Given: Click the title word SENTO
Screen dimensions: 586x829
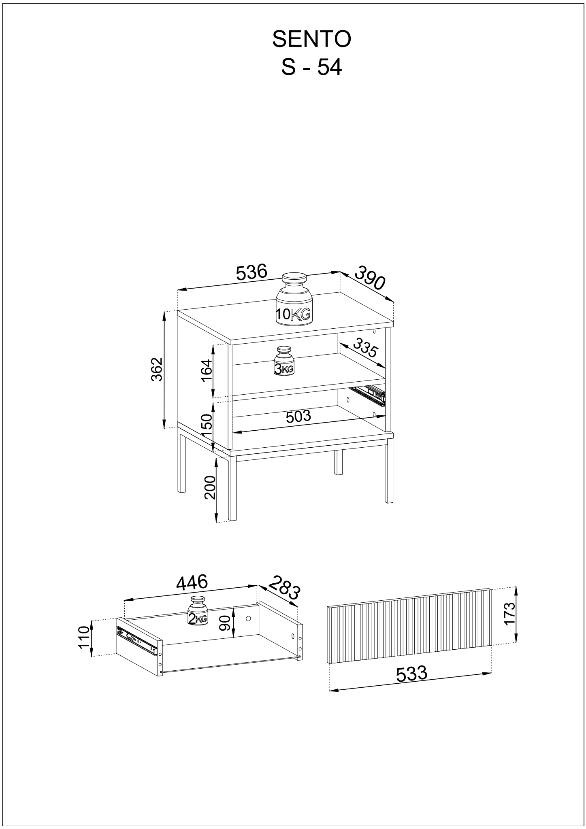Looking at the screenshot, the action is [x=311, y=40].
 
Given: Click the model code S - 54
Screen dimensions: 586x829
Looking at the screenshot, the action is [x=311, y=67].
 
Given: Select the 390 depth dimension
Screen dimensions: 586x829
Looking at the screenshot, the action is [x=370, y=278].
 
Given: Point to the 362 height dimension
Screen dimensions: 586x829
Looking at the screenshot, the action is [x=157, y=369].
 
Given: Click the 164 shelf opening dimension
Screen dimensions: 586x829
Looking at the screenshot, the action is [x=206, y=370].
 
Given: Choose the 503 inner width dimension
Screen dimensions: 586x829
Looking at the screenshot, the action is [x=298, y=417].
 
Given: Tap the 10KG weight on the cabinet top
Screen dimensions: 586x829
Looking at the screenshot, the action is [x=294, y=299].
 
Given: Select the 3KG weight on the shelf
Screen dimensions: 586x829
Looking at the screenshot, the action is [x=284, y=361].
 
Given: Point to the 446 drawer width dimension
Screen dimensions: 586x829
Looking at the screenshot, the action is [x=192, y=582].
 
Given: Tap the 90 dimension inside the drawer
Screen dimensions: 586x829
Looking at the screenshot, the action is [x=225, y=623].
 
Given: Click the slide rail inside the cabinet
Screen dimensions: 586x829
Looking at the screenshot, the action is [x=368, y=395].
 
